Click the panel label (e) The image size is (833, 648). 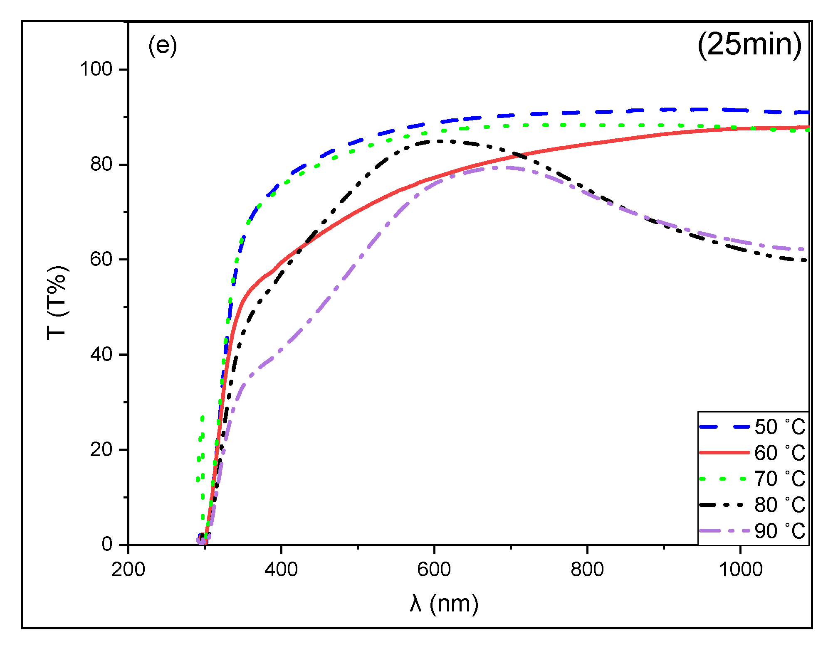(163, 46)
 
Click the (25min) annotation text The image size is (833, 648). (749, 45)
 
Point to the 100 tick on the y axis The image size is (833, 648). (96, 69)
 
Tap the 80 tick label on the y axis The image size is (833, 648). (101, 164)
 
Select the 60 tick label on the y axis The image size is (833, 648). (101, 259)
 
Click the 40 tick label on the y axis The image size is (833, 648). (101, 354)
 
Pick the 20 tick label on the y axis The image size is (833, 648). (101, 449)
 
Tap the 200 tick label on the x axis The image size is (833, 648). (128, 569)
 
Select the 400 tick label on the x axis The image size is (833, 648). (281, 569)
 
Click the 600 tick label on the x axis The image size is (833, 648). (434, 569)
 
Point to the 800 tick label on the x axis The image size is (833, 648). (587, 569)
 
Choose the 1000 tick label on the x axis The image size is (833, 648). (740, 569)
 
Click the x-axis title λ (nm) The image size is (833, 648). (444, 604)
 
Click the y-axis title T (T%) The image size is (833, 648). (57, 302)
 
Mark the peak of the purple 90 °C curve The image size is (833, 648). (499, 167)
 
